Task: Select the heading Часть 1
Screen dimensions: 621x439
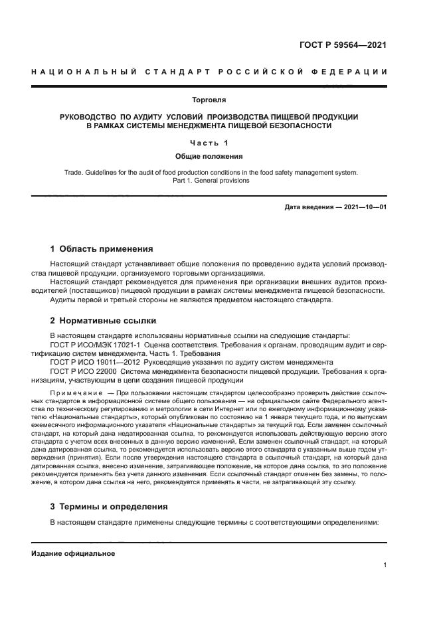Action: coord(209,143)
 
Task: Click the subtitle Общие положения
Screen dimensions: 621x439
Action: coord(209,157)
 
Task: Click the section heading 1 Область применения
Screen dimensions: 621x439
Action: coord(102,250)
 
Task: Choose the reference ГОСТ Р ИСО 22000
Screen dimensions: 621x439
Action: coord(81,371)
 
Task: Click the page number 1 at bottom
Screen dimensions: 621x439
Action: coord(385,565)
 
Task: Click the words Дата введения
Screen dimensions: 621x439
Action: coord(309,207)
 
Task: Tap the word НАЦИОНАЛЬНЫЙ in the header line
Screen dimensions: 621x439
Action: coord(84,72)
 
